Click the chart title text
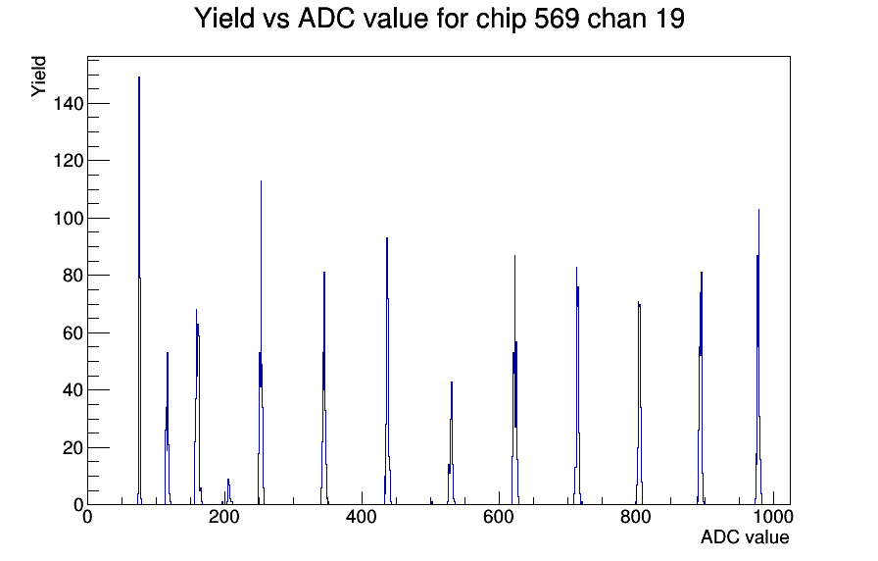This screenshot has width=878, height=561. [440, 19]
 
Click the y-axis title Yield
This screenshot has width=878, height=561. [38, 76]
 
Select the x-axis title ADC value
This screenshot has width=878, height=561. [745, 536]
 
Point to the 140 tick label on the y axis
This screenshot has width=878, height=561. [69, 104]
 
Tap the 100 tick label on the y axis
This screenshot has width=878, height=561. [69, 218]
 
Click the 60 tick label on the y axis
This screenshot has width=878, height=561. [73, 332]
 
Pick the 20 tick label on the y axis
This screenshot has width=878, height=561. [73, 448]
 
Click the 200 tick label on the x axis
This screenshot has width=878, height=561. [224, 517]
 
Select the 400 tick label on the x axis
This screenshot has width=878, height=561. [362, 517]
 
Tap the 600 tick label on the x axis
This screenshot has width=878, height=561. [499, 517]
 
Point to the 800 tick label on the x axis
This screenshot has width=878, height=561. [636, 517]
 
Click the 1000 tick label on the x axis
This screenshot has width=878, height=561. [773, 517]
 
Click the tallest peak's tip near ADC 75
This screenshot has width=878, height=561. [139, 77]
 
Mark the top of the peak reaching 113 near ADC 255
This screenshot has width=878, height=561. [261, 181]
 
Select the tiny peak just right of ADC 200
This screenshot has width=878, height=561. [228, 480]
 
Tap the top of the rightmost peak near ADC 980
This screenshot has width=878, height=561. [758, 210]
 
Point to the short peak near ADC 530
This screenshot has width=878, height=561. [452, 382]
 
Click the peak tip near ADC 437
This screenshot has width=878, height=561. [387, 238]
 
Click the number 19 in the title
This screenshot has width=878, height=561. [668, 19]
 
